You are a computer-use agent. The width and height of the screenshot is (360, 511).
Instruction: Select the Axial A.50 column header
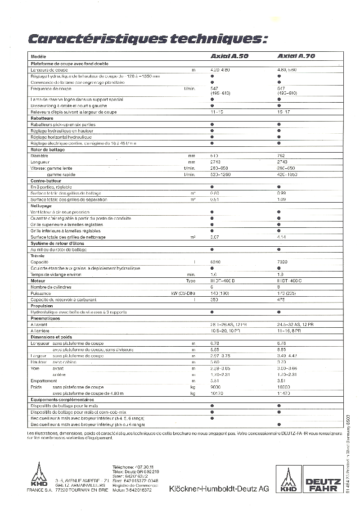[x=229, y=57]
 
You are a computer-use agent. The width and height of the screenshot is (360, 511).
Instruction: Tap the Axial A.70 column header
[x=296, y=57]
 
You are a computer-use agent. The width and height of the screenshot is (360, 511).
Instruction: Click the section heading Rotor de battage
[x=48, y=149]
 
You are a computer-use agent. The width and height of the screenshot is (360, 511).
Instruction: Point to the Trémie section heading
[x=37, y=256]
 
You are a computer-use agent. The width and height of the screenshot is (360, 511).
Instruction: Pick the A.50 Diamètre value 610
[x=214, y=155]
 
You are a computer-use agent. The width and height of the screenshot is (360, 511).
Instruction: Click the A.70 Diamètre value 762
[x=281, y=155]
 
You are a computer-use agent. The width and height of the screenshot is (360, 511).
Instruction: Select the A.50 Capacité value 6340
[x=215, y=262]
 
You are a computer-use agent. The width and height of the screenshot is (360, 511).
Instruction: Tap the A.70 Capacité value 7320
[x=283, y=262]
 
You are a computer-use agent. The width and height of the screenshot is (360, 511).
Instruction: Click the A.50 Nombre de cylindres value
[x=212, y=287]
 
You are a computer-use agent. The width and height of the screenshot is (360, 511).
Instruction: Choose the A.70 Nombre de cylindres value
[x=279, y=287]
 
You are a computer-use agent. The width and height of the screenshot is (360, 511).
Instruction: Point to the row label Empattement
[x=44, y=381]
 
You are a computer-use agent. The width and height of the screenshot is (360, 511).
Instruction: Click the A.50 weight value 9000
[x=216, y=387]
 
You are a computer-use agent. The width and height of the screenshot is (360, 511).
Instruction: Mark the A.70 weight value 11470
[x=283, y=393]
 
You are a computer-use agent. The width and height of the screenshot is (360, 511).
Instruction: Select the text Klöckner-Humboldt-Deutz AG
[x=219, y=489]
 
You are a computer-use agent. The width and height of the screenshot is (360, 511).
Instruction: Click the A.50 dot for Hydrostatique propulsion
[x=212, y=312]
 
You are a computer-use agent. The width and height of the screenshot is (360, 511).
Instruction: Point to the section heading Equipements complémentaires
[x=62, y=399]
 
